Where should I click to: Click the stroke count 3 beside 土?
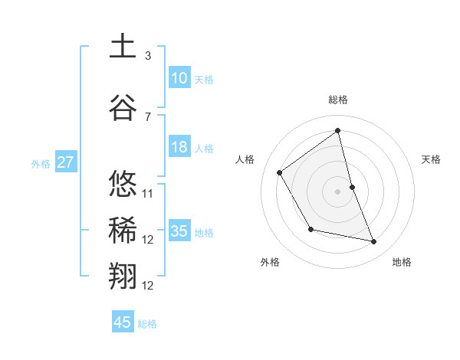tap(148, 55)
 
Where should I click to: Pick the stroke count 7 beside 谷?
tap(148, 116)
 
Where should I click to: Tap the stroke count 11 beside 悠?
tap(149, 193)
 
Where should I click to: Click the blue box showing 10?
tap(179, 78)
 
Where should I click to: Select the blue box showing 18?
tap(179, 147)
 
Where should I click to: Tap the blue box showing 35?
tap(179, 231)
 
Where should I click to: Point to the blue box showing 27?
tap(66, 162)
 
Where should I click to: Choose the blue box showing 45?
tap(123, 322)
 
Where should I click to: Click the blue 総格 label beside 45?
tap(147, 324)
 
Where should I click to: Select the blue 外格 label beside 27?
tap(41, 163)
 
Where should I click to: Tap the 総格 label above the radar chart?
tap(338, 100)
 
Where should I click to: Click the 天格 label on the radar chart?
tap(432, 159)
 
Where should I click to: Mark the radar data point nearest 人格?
tap(280, 172)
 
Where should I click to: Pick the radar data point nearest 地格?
tap(374, 242)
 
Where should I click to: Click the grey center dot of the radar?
tap(338, 191)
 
